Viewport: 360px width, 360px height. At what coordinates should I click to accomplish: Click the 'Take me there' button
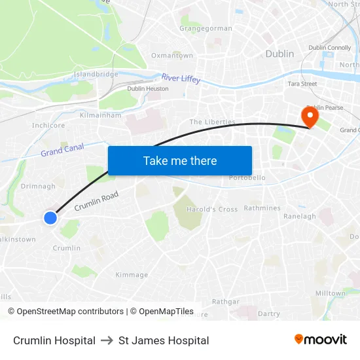click(180, 160)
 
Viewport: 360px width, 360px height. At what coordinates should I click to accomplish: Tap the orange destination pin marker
click(309, 117)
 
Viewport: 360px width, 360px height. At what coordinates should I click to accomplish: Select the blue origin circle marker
click(50, 218)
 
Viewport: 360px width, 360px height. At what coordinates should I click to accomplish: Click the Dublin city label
click(279, 54)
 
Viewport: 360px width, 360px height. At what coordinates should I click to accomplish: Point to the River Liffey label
click(181, 78)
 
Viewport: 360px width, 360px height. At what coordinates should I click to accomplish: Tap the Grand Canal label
click(62, 151)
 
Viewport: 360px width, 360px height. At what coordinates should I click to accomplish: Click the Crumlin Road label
click(96, 201)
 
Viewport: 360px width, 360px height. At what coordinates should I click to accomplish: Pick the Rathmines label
click(262, 208)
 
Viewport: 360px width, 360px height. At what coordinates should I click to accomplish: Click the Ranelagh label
click(300, 216)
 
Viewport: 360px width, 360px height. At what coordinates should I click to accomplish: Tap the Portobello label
click(247, 177)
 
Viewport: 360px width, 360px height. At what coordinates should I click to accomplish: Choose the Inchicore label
click(48, 125)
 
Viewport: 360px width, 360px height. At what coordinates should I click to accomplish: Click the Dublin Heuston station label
click(148, 88)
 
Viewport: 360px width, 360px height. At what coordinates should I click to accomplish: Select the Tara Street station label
click(302, 84)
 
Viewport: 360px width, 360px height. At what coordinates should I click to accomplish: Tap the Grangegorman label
click(206, 29)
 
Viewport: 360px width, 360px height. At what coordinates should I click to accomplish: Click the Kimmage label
click(132, 275)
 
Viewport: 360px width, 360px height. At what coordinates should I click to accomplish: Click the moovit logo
click(321, 340)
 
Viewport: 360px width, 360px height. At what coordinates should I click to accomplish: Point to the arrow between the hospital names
click(107, 340)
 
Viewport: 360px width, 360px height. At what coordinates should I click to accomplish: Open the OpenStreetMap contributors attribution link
click(65, 312)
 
